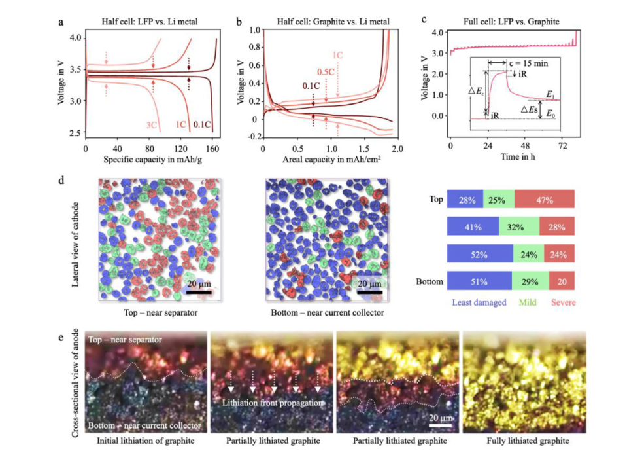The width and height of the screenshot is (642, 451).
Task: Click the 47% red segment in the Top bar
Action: click(x=544, y=199)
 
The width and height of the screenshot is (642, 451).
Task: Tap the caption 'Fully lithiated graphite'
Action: click(x=524, y=439)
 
